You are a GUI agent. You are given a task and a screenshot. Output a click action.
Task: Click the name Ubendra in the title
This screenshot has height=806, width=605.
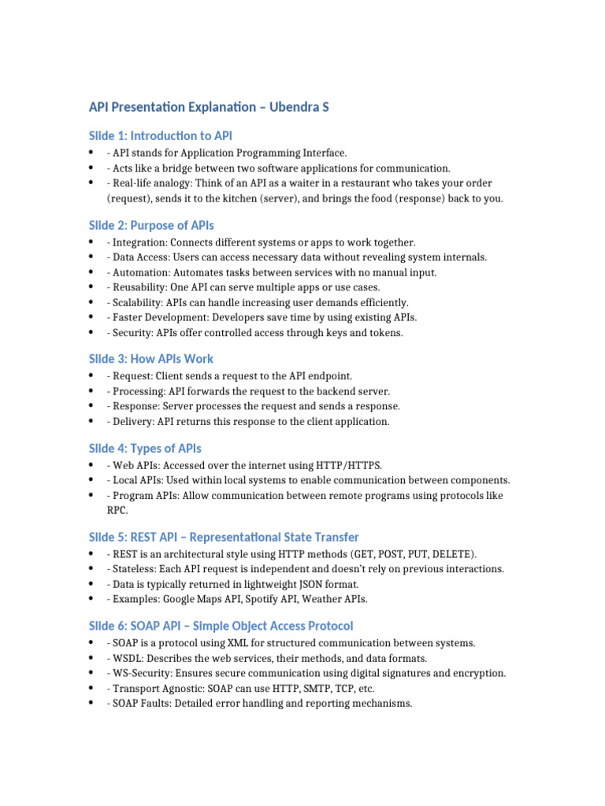pos(289,106)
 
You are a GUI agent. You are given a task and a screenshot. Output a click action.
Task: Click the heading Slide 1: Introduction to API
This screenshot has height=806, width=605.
pos(161,136)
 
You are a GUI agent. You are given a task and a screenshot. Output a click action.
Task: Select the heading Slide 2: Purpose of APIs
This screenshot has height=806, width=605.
pos(151,226)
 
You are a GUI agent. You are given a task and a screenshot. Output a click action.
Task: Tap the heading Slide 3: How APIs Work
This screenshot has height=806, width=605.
pos(151,359)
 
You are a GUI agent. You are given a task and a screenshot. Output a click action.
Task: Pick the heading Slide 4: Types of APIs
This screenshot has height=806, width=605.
pos(146,449)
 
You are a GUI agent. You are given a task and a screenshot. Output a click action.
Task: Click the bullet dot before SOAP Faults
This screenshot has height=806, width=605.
pos(93,703)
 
